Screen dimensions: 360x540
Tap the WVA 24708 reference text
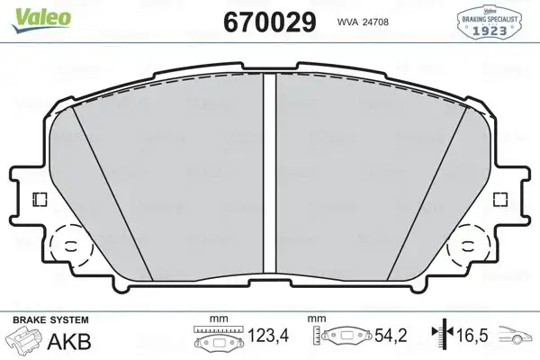[364, 22]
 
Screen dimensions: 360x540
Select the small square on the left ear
[38, 199]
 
